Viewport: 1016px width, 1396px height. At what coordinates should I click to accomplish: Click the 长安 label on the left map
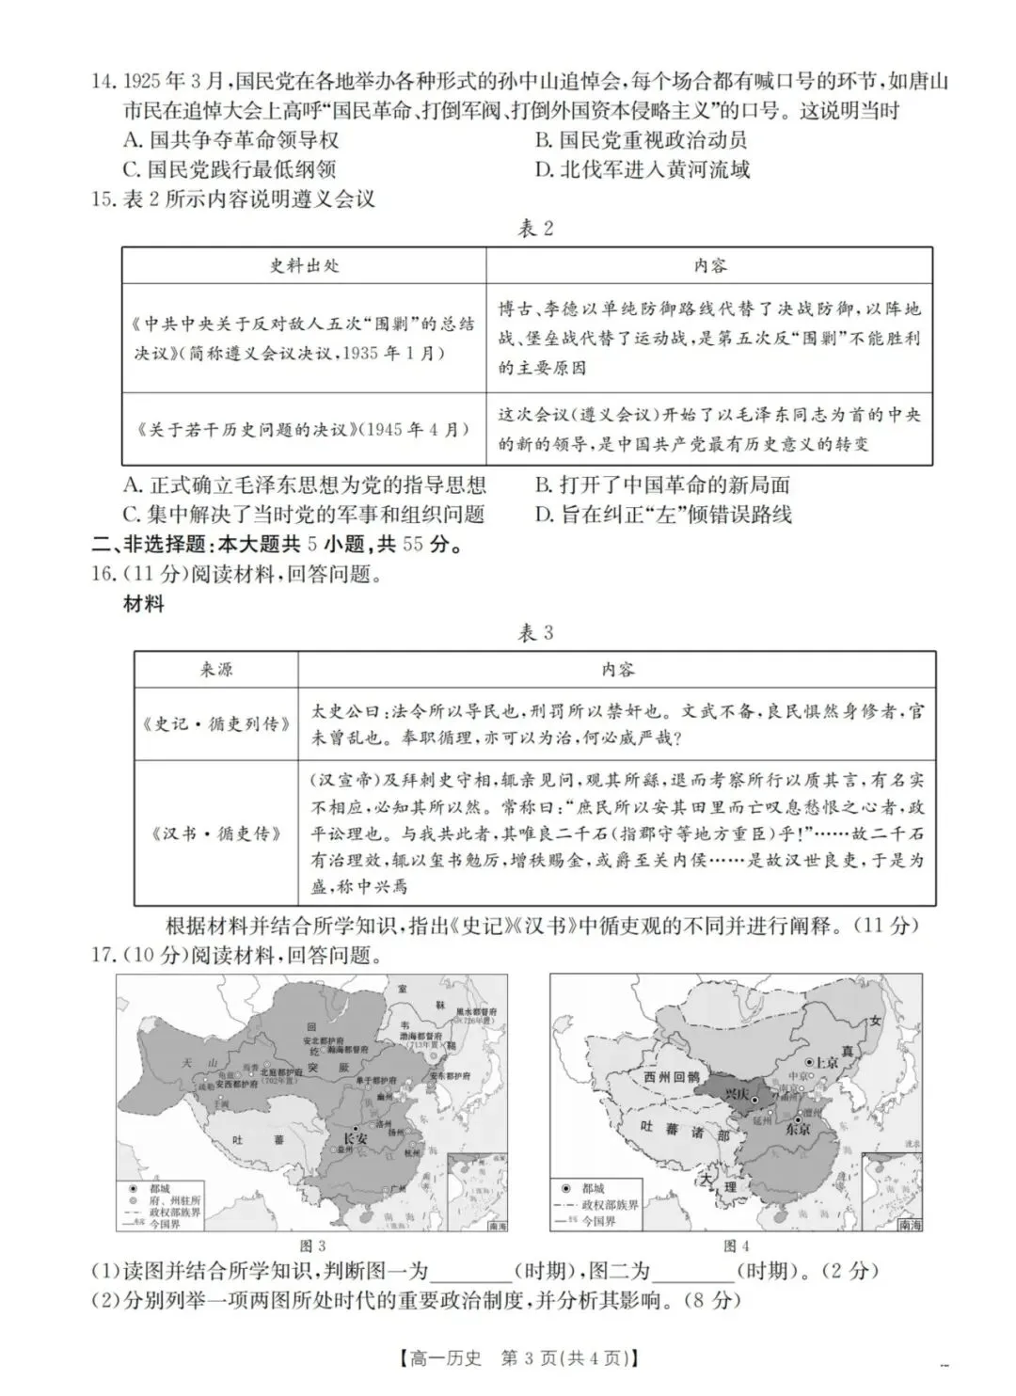tap(355, 1137)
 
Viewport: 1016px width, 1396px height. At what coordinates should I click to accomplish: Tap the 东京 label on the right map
tap(800, 1132)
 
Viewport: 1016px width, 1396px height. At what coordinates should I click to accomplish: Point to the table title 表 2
tap(536, 229)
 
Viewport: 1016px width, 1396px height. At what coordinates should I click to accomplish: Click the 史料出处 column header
tap(304, 265)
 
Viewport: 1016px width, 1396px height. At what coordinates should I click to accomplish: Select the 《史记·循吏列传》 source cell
tap(215, 723)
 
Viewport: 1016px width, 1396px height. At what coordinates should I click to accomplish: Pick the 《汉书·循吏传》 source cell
tap(215, 833)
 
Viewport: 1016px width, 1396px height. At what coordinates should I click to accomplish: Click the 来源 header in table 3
tap(215, 669)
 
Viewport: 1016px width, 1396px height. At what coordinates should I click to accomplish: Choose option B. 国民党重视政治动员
tap(641, 140)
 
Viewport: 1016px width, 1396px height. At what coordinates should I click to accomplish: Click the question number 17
tap(103, 955)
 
